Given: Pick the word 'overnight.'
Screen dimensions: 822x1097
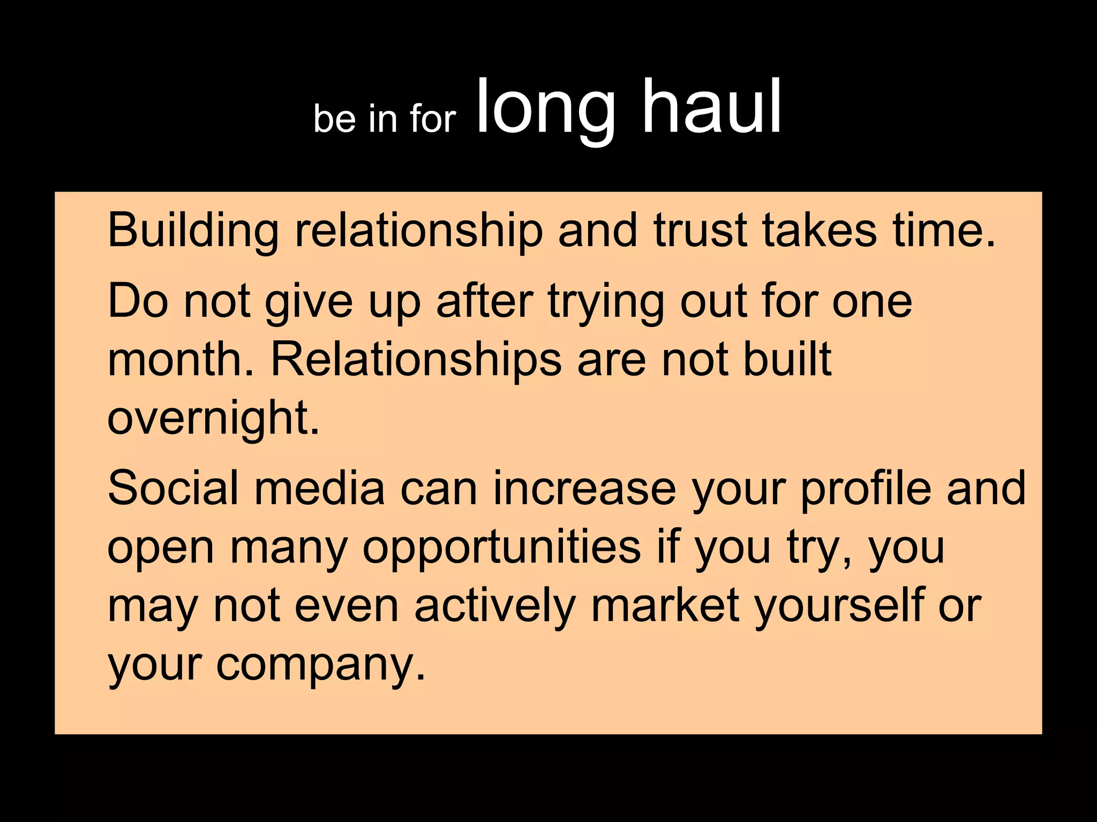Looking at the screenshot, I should [x=213, y=419].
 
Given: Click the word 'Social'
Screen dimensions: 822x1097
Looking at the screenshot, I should [x=172, y=488].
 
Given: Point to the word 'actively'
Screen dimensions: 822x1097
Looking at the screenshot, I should [x=494, y=606].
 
